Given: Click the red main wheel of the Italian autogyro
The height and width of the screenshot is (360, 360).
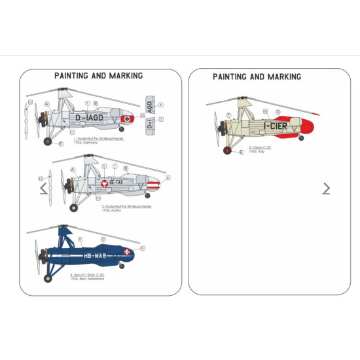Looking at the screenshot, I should [x=226, y=151].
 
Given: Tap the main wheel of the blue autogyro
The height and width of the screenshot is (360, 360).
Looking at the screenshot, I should [x=47, y=278].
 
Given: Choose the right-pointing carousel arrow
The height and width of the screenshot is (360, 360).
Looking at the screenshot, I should [x=326, y=189].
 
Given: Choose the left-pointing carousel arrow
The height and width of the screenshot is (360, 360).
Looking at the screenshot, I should [x=44, y=189].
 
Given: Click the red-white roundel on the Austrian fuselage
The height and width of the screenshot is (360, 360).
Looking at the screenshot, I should [x=103, y=184].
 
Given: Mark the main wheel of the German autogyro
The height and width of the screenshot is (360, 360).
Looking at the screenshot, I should [x=46, y=141].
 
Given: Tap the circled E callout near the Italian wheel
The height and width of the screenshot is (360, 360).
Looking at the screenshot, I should [x=242, y=153].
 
